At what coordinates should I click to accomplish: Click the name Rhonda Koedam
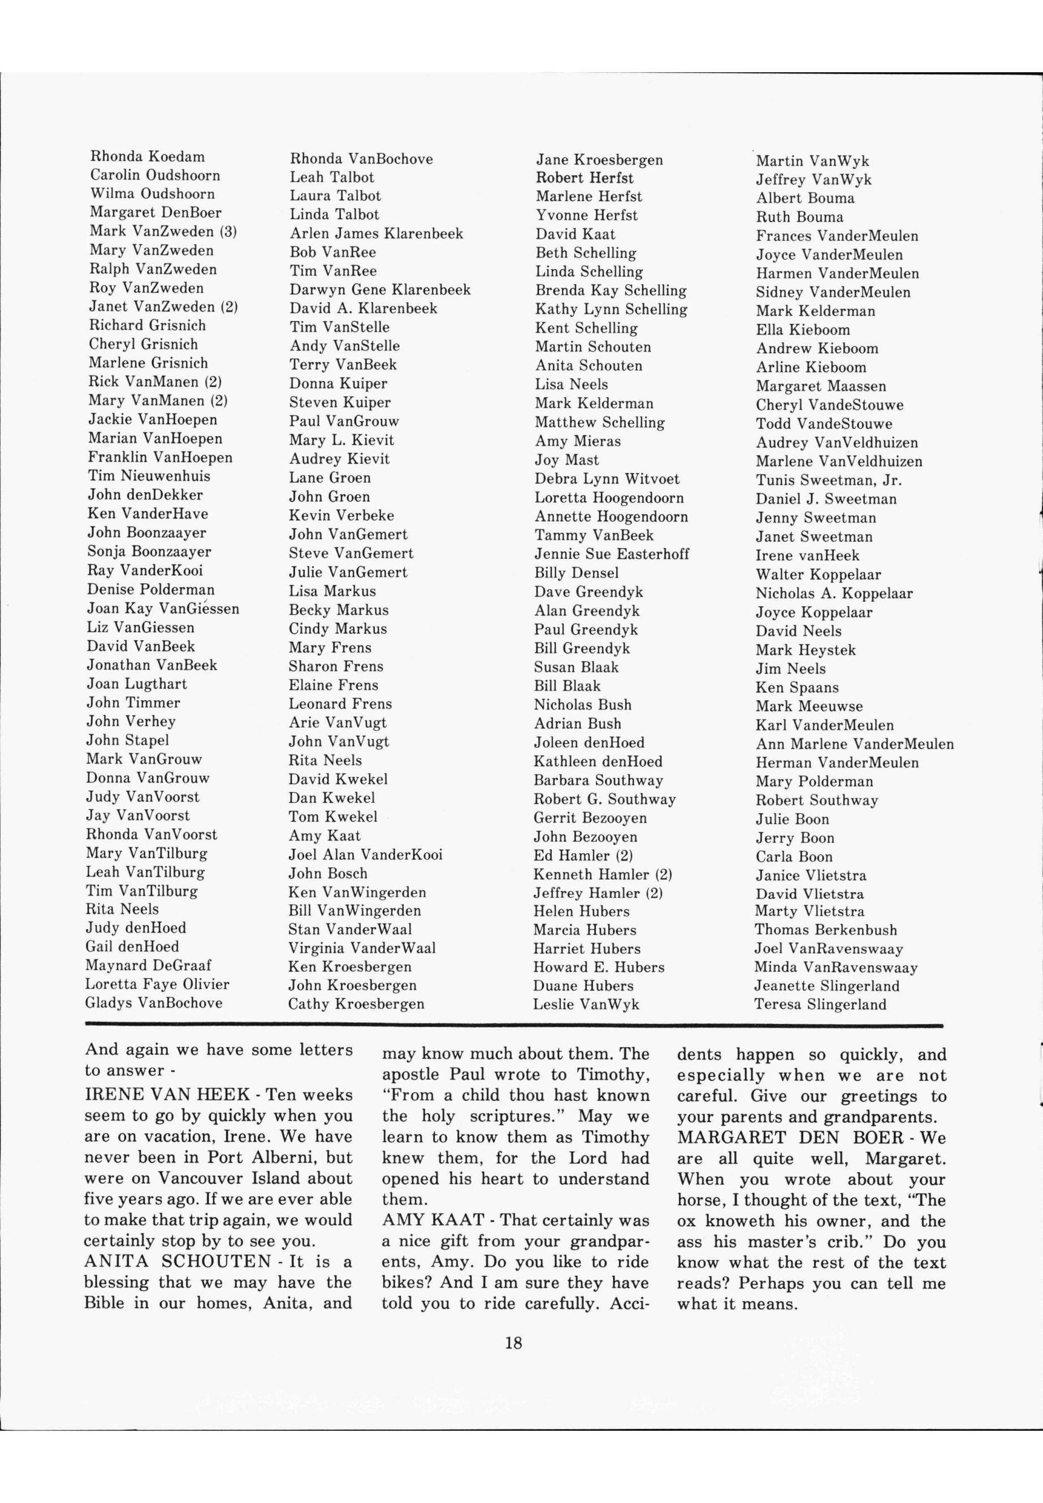click(x=147, y=157)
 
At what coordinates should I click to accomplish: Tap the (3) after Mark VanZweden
click(x=228, y=231)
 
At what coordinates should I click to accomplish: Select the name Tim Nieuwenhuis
click(x=149, y=476)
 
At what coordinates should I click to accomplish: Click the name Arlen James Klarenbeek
click(x=376, y=233)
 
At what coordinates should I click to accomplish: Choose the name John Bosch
click(x=328, y=874)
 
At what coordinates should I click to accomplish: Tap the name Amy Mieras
click(x=578, y=441)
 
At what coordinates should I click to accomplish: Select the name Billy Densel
click(x=577, y=573)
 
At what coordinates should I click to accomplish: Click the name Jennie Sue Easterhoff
click(x=612, y=554)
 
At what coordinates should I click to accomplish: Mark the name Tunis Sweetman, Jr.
click(x=829, y=480)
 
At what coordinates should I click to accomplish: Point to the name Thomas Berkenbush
click(x=826, y=929)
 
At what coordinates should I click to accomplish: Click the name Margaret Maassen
click(x=821, y=386)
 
